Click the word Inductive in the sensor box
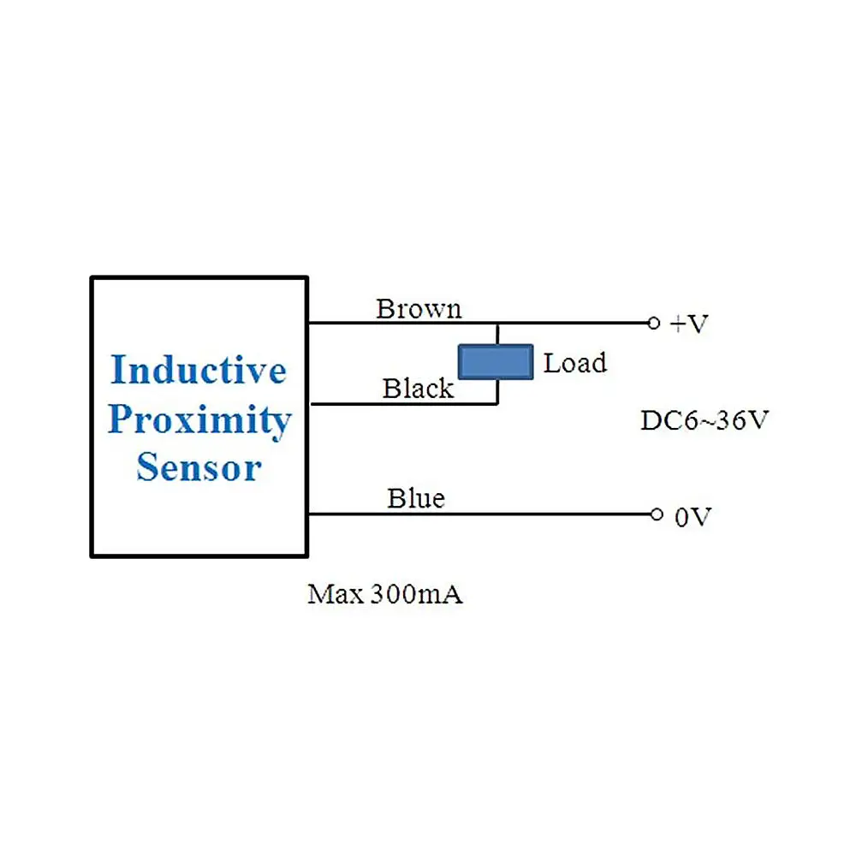click(199, 370)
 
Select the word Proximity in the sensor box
click(199, 421)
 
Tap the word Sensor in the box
click(199, 467)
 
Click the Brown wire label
click(419, 309)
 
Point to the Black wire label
click(419, 388)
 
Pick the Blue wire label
click(416, 498)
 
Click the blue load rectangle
click(496, 361)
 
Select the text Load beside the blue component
click(575, 363)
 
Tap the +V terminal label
click(689, 324)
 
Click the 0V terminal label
click(693, 517)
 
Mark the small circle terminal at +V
click(653, 324)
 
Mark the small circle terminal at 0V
click(657, 514)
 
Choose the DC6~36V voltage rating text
click(704, 420)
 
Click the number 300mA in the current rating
click(417, 594)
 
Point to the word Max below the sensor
click(336, 594)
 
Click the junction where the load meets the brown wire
click(497, 324)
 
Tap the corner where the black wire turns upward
click(497, 403)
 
